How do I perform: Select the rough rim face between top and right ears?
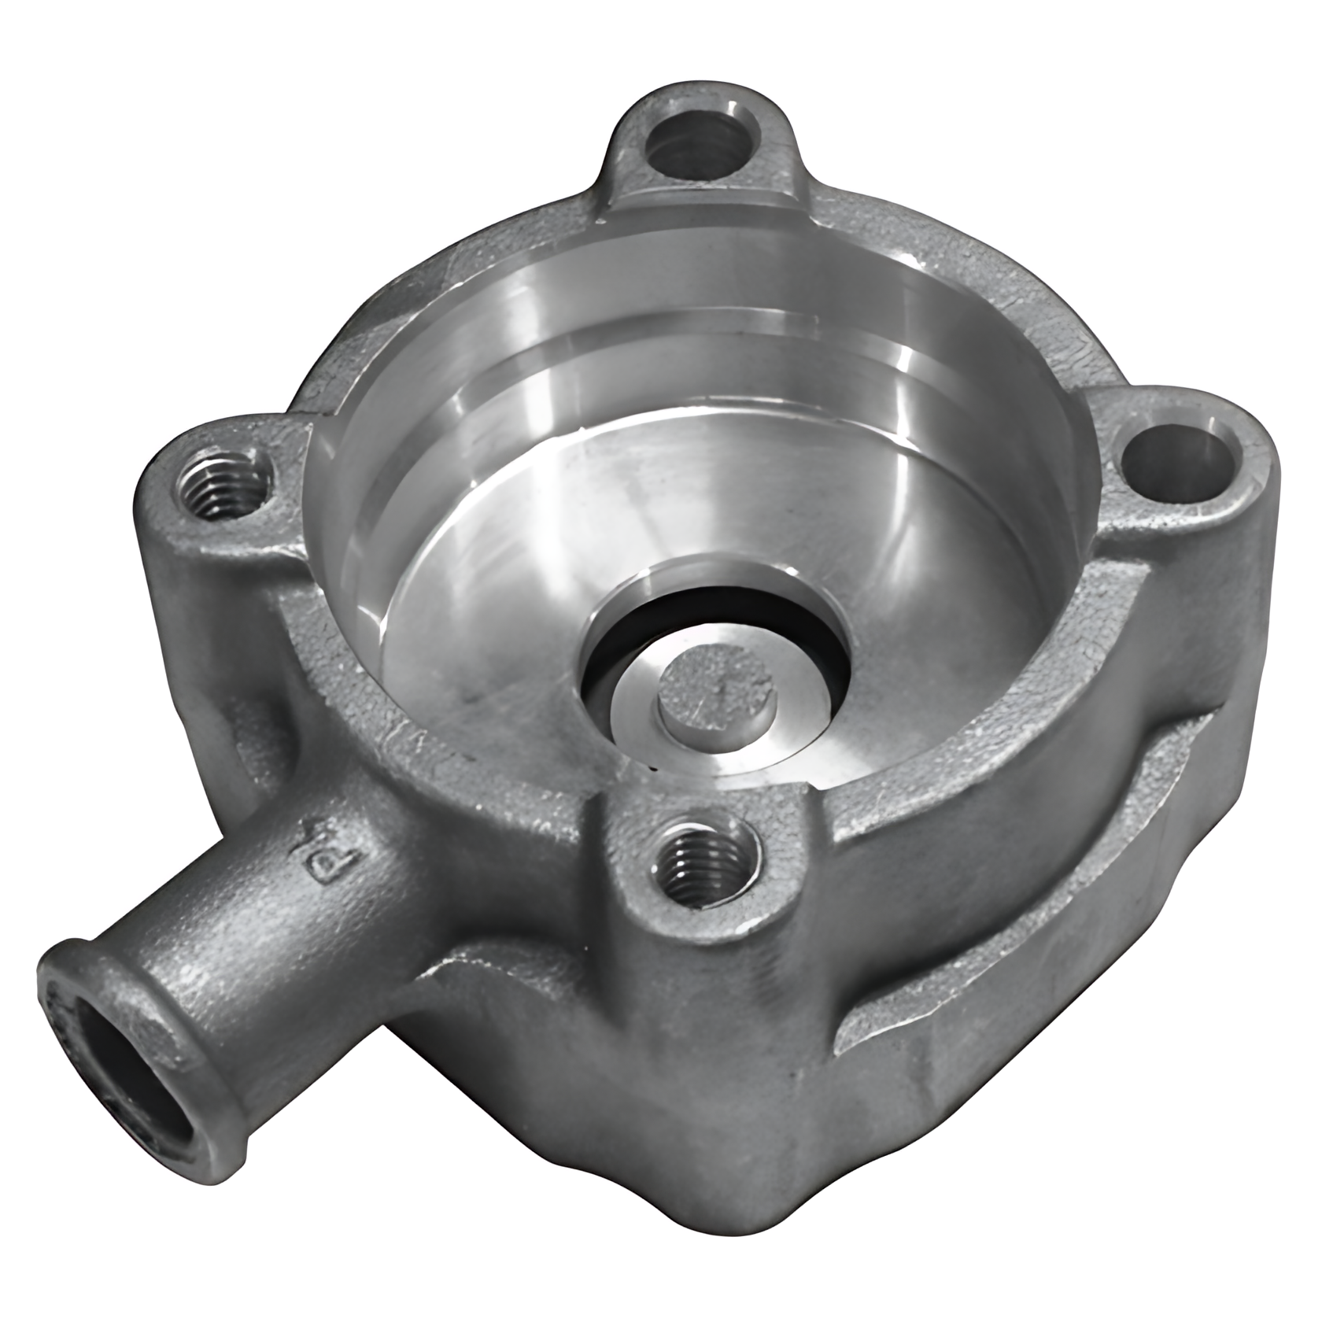[x=984, y=299]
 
